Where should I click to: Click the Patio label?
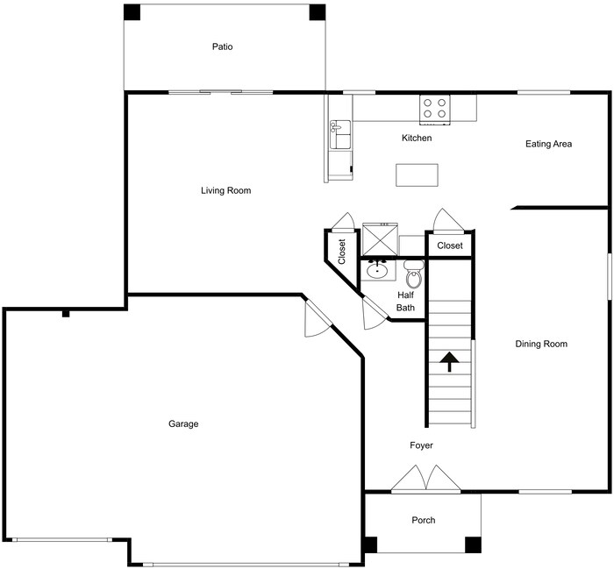click(223, 46)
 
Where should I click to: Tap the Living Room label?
click(225, 190)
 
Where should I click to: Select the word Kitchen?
click(417, 139)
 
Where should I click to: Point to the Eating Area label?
click(548, 144)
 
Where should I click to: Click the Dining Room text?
click(540, 345)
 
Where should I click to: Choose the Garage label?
click(183, 424)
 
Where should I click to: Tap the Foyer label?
click(421, 445)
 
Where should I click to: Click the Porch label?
click(423, 520)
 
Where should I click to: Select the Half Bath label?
click(405, 302)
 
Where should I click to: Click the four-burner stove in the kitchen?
click(434, 108)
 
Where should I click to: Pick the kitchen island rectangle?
click(416, 175)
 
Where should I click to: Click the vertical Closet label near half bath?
click(342, 251)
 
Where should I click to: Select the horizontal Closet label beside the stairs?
click(449, 246)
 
